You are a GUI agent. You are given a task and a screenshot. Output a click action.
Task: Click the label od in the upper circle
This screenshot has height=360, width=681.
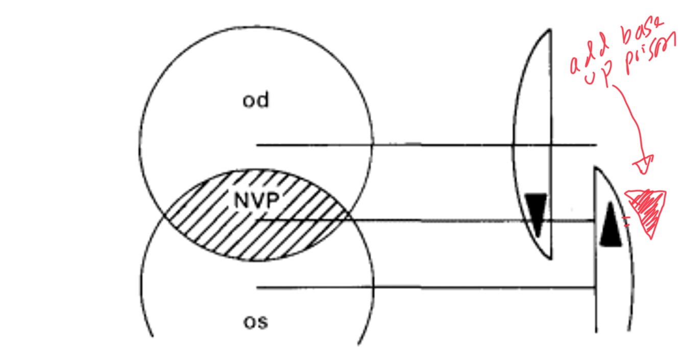pos(255,101)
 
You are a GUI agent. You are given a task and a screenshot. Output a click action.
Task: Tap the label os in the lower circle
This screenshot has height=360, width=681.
pos(256,322)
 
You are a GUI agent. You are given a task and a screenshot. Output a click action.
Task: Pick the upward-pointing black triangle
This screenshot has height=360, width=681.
pos(611,226)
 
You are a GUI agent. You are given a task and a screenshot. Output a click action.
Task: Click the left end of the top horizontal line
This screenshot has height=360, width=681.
pos(257,145)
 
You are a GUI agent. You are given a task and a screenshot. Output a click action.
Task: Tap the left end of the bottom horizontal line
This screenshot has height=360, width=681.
pos(257,288)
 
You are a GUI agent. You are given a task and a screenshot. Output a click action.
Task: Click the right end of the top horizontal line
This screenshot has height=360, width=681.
pos(596,145)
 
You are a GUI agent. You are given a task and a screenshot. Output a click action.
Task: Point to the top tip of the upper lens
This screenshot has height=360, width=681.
pos(549,30)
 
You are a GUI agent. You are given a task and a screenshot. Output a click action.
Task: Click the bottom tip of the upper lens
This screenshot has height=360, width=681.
pos(550,259)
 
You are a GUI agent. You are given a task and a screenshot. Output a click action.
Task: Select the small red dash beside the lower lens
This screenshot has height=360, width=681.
pos(624,220)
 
